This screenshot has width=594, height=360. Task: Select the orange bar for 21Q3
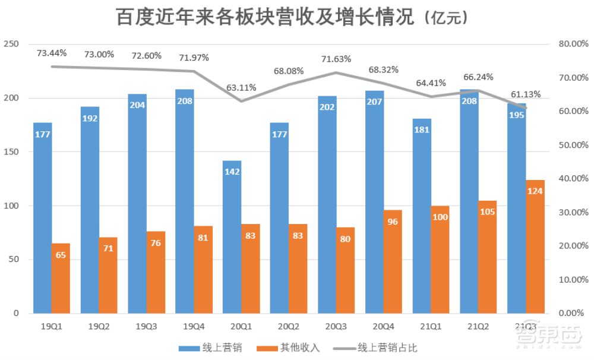[535, 247]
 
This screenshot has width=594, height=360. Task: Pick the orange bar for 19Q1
[61, 278]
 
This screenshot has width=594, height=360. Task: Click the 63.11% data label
[241, 88]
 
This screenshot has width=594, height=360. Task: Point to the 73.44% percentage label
[52, 53]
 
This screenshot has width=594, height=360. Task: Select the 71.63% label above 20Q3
[336, 59]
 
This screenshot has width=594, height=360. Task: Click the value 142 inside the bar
[232, 171]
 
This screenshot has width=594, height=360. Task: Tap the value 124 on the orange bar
[535, 191]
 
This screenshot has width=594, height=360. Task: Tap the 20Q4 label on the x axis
[384, 326]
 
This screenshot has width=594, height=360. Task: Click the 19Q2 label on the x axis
[99, 326]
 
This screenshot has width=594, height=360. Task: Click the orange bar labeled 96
[393, 261]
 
